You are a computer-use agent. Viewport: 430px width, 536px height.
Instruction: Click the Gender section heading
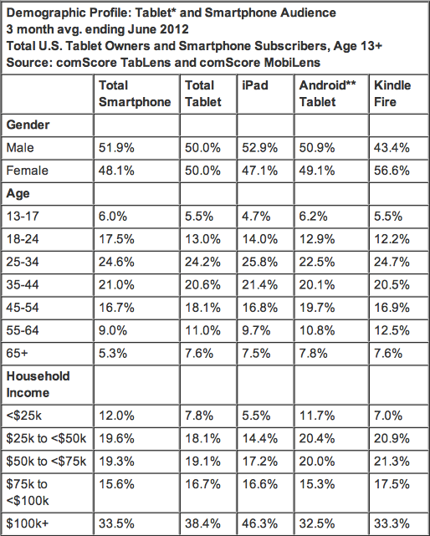tap(28, 125)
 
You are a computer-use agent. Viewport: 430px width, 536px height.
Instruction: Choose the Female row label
tap(27, 171)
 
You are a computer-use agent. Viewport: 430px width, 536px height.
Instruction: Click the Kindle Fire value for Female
tap(391, 171)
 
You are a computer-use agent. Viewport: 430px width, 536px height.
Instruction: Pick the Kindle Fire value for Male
tap(391, 148)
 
